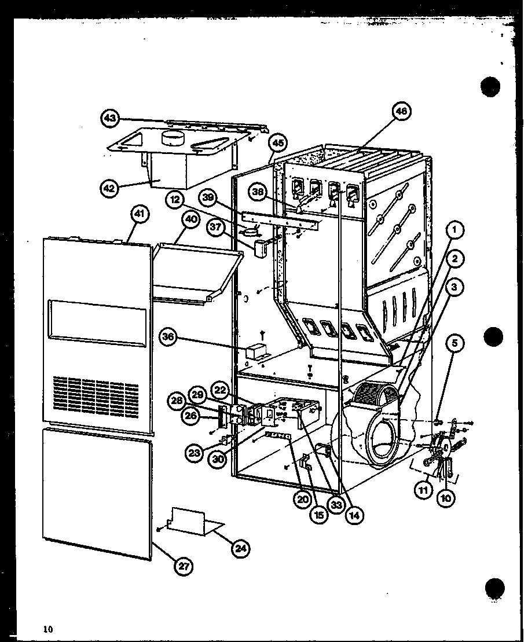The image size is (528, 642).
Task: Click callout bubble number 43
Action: point(109,118)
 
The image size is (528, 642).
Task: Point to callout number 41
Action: point(139,214)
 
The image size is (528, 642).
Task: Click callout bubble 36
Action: point(168,339)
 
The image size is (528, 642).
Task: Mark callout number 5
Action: point(454,344)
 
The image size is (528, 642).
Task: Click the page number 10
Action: point(47,629)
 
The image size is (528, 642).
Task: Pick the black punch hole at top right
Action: point(490,87)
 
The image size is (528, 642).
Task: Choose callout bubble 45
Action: point(279,142)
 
